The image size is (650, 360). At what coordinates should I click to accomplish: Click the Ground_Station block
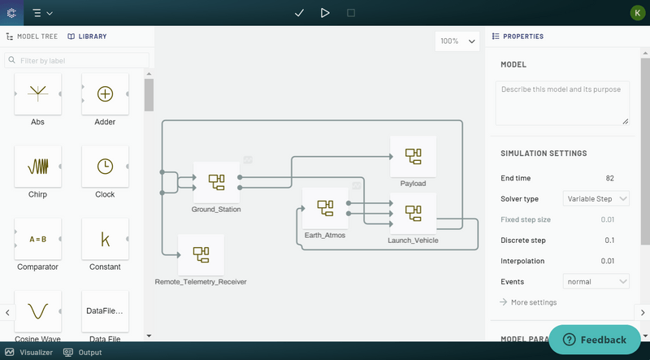click(x=216, y=182)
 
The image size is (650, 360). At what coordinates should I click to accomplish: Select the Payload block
click(x=413, y=156)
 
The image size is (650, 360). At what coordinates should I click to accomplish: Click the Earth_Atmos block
click(x=325, y=208)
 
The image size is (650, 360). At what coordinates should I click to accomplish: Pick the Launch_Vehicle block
click(x=413, y=213)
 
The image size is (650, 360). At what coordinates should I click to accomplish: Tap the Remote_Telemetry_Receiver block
click(x=201, y=254)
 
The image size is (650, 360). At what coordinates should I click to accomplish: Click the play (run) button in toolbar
click(x=325, y=13)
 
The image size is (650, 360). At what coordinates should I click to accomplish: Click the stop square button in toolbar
click(x=351, y=13)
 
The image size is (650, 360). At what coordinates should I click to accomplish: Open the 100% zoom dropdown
click(x=458, y=41)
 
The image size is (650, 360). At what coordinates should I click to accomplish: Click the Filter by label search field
click(x=78, y=60)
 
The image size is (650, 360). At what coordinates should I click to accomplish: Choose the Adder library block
click(x=105, y=94)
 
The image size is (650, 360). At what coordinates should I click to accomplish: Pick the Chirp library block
click(x=37, y=167)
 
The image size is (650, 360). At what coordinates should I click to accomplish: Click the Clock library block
click(x=105, y=167)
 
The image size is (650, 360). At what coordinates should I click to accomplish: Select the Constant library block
click(x=105, y=239)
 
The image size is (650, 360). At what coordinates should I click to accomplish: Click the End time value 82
click(x=609, y=178)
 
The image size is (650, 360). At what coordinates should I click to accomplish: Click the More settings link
click(x=533, y=302)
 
